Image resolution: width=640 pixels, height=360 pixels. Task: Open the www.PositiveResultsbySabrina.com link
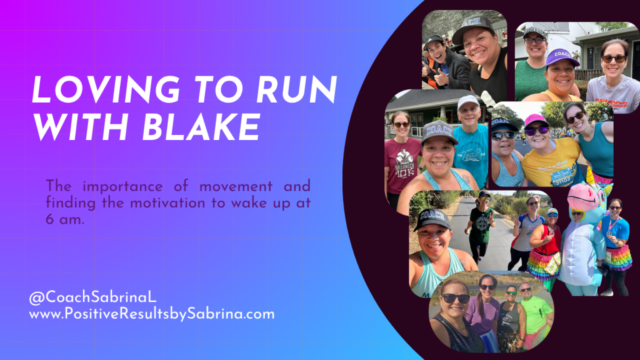pyautogui.click(x=152, y=314)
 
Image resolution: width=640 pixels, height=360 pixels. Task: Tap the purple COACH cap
pyautogui.click(x=562, y=57)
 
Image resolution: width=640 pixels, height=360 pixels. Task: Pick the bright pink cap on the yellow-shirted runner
pyautogui.click(x=535, y=119)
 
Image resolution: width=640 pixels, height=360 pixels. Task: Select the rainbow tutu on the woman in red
pyautogui.click(x=543, y=262)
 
